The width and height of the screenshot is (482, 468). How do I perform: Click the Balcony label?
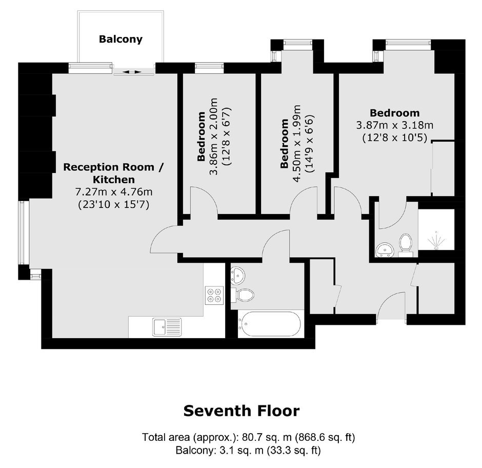[x=120, y=40]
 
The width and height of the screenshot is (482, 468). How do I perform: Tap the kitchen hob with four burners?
[x=214, y=295]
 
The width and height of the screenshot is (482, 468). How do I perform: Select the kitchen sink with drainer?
[x=167, y=327]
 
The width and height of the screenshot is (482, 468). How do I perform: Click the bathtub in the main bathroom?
[x=269, y=324]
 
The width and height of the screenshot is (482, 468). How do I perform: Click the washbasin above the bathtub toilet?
[x=237, y=275]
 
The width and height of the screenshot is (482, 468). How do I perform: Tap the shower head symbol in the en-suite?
[x=436, y=239]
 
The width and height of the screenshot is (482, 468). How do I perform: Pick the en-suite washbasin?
[x=384, y=249]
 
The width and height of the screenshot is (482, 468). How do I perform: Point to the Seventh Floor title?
[x=242, y=411]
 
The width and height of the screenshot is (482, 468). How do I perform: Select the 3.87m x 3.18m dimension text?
[x=395, y=125]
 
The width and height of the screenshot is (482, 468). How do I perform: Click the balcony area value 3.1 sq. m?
[x=242, y=451]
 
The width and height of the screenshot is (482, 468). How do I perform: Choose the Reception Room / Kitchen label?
[x=113, y=173]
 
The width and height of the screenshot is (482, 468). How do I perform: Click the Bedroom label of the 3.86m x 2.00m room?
[x=201, y=136]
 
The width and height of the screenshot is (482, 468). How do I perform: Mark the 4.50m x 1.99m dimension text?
[x=297, y=144]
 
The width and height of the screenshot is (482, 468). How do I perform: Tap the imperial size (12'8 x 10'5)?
[x=395, y=138]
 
